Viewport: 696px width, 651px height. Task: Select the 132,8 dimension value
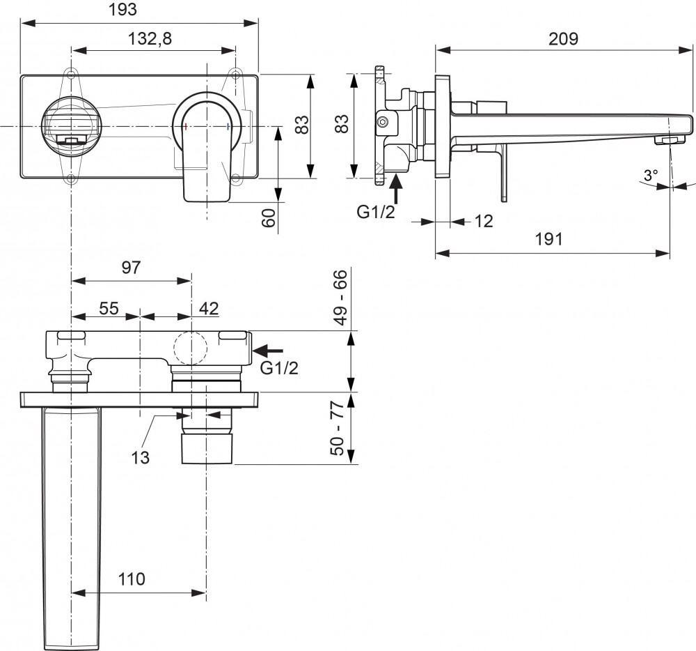[x=149, y=40]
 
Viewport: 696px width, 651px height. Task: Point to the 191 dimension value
[x=548, y=239]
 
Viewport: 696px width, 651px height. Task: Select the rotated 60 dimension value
[x=269, y=217]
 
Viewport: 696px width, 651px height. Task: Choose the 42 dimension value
[x=208, y=307]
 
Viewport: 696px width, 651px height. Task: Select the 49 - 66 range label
[x=340, y=298]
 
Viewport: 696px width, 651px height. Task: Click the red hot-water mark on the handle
[x=186, y=126]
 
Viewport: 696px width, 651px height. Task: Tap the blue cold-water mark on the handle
[x=228, y=126]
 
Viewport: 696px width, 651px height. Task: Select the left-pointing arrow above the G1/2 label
[x=271, y=350]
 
